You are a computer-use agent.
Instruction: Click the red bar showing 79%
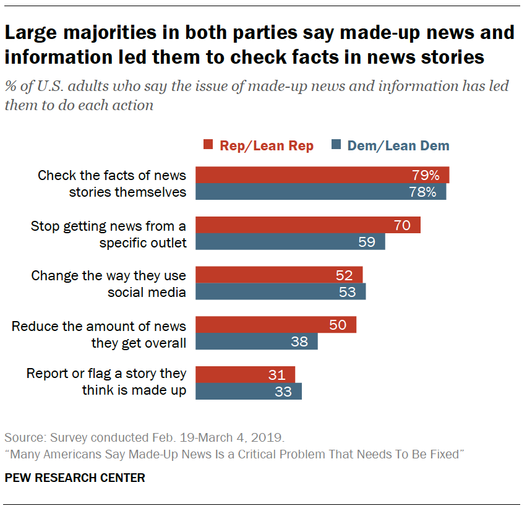tap(322, 175)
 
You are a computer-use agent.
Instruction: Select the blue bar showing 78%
tap(321, 192)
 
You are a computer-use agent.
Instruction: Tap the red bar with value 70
tap(308, 225)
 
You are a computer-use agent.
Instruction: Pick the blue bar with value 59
tap(290, 242)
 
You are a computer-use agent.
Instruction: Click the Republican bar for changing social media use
tap(279, 275)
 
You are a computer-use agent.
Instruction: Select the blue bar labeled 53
tap(281, 291)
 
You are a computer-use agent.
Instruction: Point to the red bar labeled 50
tap(276, 325)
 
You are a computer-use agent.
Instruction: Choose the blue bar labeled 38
tap(257, 341)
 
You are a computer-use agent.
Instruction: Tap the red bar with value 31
tap(246, 374)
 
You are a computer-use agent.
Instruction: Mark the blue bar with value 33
tap(249, 391)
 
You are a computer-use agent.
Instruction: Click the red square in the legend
tap(208, 146)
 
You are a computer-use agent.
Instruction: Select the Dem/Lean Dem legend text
tap(398, 146)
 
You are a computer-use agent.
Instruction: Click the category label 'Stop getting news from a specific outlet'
tap(109, 234)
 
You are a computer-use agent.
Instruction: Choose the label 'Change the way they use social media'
tap(109, 283)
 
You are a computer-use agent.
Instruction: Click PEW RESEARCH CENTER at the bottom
tap(75, 478)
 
